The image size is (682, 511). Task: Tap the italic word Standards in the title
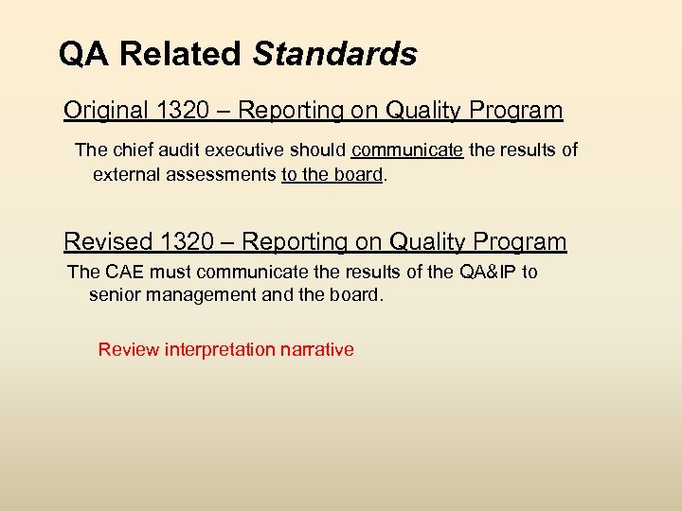point(334,54)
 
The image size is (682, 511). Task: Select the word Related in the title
point(181,54)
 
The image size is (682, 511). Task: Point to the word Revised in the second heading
point(106,242)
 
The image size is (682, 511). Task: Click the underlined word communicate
point(407,150)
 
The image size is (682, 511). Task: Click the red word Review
point(129,350)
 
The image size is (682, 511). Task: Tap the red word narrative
point(317,350)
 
